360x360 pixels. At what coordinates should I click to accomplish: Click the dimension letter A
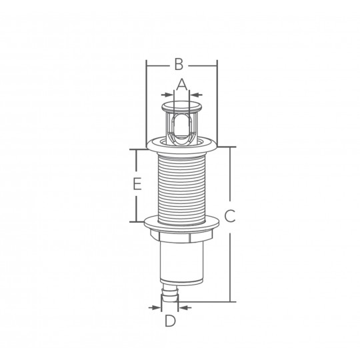pyautogui.click(x=181, y=85)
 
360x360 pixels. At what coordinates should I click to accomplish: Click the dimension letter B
pyautogui.click(x=179, y=64)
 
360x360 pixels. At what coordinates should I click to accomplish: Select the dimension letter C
pyautogui.click(x=229, y=216)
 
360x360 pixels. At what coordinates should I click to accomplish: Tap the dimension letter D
pyautogui.click(x=170, y=321)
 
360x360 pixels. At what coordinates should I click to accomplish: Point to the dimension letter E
pyautogui.click(x=137, y=184)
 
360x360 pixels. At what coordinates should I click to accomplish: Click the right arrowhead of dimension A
pyautogui.click(x=196, y=95)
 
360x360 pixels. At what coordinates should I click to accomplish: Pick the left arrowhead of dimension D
pyautogui.click(x=155, y=307)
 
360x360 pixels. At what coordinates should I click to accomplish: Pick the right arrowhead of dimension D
pyautogui.click(x=185, y=307)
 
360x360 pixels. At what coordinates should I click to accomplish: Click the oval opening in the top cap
pyautogui.click(x=181, y=129)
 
